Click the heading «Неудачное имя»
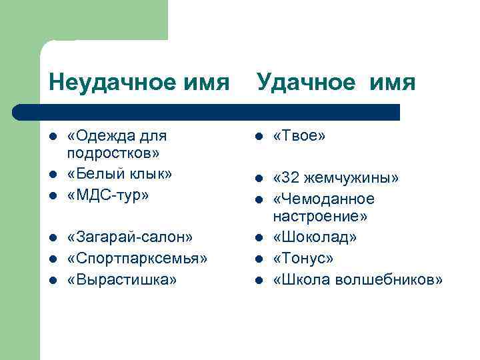tap(139, 83)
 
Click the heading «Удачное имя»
tap(336, 83)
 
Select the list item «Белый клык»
tap(119, 175)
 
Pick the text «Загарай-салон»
tap(130, 237)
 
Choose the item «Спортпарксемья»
tap(137, 258)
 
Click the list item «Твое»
tap(299, 136)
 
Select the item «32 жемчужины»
tap(336, 178)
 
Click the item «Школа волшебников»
tap(357, 279)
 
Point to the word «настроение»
tap(320, 217)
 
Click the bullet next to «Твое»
tap(257, 137)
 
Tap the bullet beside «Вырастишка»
tap(53, 279)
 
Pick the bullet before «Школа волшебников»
tap(257, 280)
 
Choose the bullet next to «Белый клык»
tap(53, 175)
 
